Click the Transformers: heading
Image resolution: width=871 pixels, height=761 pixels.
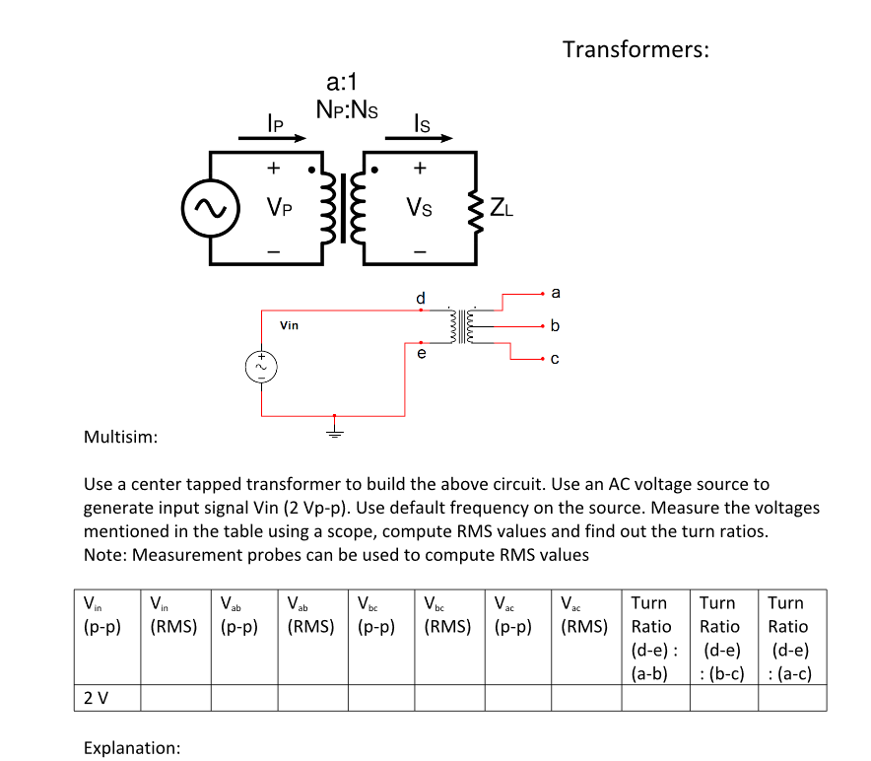[x=636, y=49]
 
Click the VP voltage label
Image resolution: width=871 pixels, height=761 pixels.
[x=278, y=208]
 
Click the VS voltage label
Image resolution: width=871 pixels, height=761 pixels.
[x=420, y=208]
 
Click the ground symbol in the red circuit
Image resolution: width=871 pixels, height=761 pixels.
[x=334, y=431]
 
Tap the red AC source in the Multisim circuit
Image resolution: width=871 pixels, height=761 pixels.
[x=262, y=366]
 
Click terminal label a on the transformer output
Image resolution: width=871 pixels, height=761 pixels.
[x=556, y=293]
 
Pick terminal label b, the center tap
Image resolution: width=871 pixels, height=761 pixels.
[x=556, y=325]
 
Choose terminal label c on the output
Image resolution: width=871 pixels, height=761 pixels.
[x=556, y=359]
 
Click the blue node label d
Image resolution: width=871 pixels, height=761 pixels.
[x=421, y=297]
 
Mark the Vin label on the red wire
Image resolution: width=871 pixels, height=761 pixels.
[x=289, y=325]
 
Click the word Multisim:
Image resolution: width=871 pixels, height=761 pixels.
[x=121, y=436]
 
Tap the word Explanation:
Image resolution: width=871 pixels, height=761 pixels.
[x=130, y=747]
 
